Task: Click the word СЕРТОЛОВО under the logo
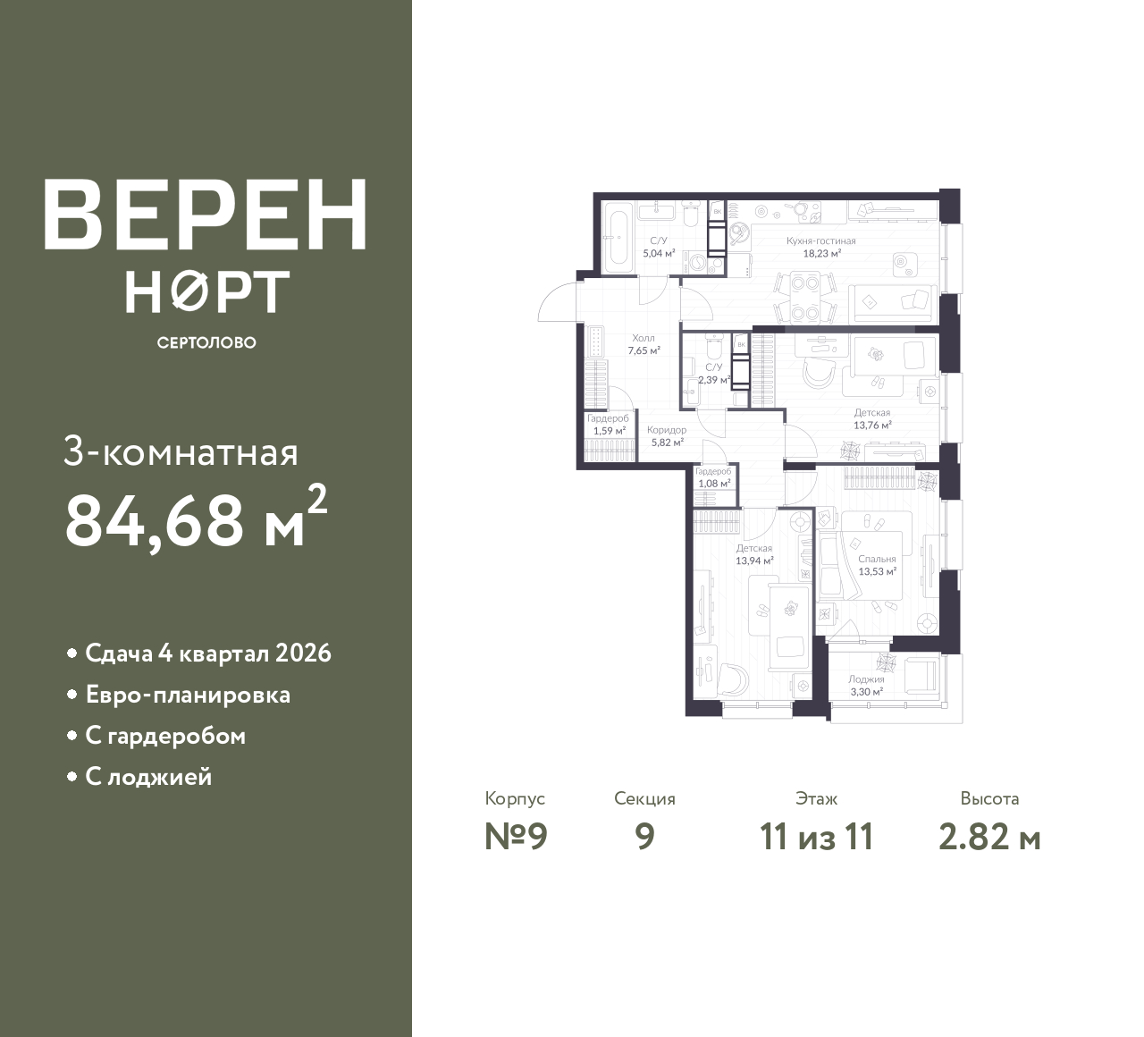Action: click(206, 342)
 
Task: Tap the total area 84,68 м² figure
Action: click(197, 518)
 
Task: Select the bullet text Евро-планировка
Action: click(188, 696)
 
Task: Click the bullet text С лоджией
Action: click(148, 776)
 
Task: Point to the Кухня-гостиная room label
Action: click(821, 241)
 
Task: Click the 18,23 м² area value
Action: click(822, 254)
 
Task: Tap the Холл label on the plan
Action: click(643, 338)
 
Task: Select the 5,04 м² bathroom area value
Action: click(660, 253)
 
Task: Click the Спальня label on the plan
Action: click(877, 559)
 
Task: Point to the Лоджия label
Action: click(866, 679)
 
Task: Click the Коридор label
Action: click(667, 430)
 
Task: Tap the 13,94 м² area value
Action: click(754, 561)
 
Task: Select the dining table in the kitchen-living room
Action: click(805, 297)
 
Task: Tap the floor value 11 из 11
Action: click(817, 838)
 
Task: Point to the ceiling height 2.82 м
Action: click(989, 838)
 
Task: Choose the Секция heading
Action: click(644, 799)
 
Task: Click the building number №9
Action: click(516, 838)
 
